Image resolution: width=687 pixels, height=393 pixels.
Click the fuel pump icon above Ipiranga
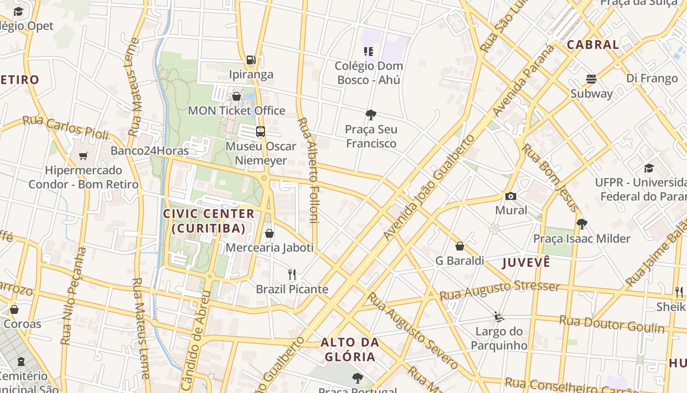click(251, 60)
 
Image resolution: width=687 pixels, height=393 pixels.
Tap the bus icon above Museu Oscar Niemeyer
click(261, 132)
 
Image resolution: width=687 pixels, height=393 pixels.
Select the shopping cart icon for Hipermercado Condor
click(83, 156)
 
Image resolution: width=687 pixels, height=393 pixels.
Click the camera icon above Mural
click(511, 196)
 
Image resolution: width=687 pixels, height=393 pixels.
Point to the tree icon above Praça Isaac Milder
click(582, 224)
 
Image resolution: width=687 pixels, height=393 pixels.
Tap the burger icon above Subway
click(591, 79)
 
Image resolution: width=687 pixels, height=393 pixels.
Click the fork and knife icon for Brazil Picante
click(292, 275)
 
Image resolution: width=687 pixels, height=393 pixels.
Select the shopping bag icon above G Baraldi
click(460, 246)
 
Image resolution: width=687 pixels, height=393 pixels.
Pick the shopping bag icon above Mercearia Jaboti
click(269, 233)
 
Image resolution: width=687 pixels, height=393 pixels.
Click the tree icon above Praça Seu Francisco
click(371, 115)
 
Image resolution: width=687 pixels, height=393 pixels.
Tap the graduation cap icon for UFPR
click(649, 168)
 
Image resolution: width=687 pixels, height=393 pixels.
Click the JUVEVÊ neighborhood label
click(526, 262)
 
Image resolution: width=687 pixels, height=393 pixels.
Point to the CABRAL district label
click(593, 45)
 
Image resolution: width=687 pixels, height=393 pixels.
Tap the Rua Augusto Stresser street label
click(500, 290)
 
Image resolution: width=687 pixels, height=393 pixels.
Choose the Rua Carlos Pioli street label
click(66, 126)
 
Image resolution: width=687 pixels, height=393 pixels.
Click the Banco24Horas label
click(150, 150)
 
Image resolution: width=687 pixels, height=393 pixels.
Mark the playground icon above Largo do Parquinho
click(499, 317)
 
